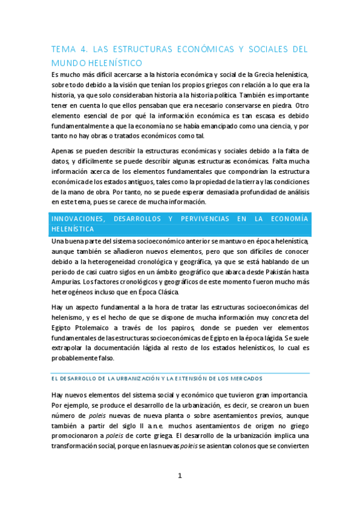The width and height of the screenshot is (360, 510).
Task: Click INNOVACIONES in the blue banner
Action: [82, 218]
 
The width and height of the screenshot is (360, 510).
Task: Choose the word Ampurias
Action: [65, 282]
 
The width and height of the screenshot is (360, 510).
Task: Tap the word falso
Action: [115, 358]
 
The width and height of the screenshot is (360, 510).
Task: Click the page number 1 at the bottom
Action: [179, 476]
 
